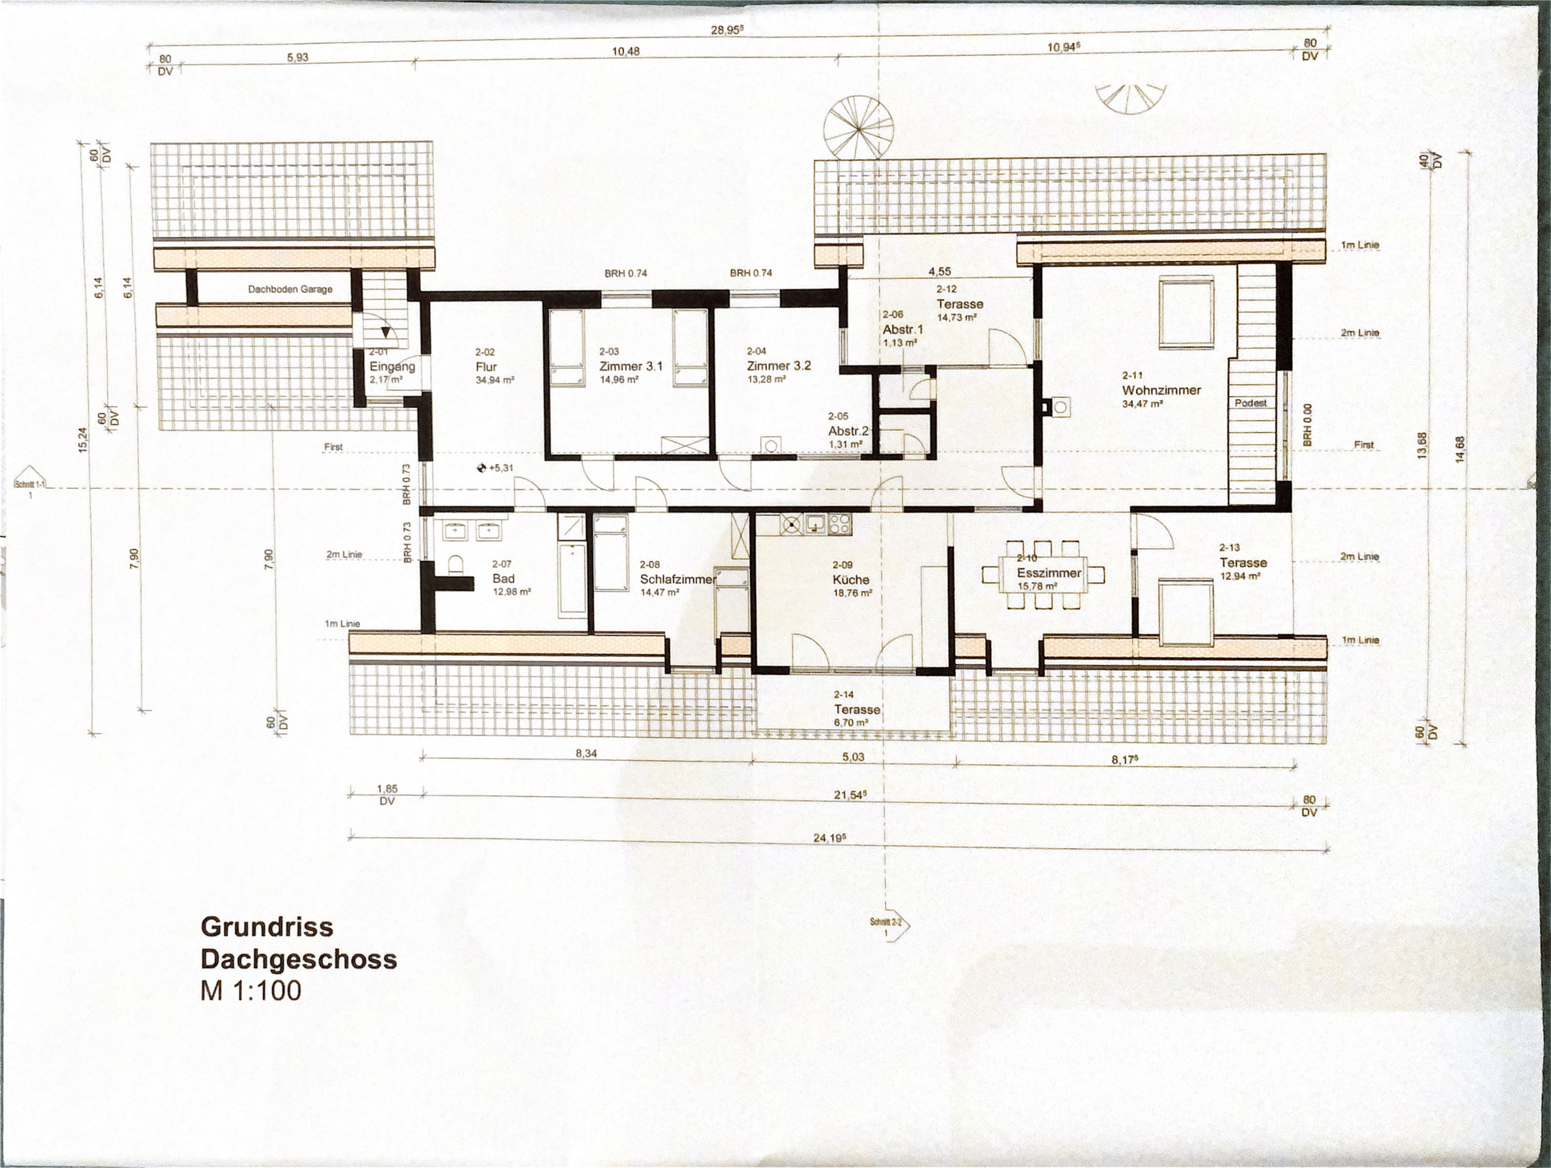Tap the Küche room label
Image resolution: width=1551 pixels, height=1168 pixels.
click(x=851, y=579)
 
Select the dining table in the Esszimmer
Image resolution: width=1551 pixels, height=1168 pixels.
click(x=1043, y=574)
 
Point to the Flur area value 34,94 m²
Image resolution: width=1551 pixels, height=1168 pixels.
click(x=495, y=380)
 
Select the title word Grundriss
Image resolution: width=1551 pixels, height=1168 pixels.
click(x=267, y=927)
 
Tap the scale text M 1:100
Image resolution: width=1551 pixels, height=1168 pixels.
click(x=250, y=990)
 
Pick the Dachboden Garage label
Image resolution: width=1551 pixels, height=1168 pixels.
click(x=290, y=289)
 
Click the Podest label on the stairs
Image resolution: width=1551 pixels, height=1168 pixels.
click(x=1251, y=403)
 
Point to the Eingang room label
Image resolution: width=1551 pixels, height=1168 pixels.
click(x=392, y=367)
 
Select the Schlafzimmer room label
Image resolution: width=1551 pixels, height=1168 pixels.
click(x=677, y=579)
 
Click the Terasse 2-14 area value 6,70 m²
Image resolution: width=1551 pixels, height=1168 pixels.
click(x=851, y=722)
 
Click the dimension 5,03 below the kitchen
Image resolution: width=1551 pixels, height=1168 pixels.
click(x=852, y=757)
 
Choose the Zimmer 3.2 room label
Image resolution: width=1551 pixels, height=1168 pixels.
click(x=779, y=365)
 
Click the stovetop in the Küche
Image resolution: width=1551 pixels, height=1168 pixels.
click(x=840, y=523)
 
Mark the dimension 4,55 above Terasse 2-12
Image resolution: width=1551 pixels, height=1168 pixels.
click(x=940, y=271)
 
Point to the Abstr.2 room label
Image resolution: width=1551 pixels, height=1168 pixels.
click(x=848, y=431)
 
